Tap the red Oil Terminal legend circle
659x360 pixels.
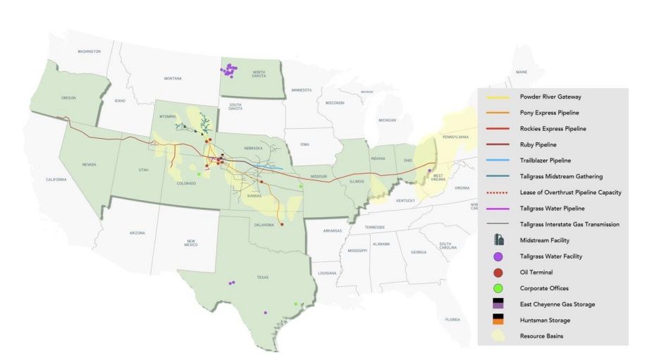499,273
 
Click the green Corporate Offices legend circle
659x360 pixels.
499,288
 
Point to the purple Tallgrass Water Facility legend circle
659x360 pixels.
499,256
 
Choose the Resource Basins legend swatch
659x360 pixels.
499,336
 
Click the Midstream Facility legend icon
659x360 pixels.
499,240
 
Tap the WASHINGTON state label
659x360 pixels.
90,51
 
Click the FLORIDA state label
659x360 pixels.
452,319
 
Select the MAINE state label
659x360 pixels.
521,72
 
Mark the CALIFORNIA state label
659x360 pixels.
56,180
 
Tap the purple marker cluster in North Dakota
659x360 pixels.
229,69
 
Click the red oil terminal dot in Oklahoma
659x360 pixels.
281,225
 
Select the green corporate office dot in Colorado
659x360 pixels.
199,173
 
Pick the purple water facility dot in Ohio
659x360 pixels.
429,170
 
